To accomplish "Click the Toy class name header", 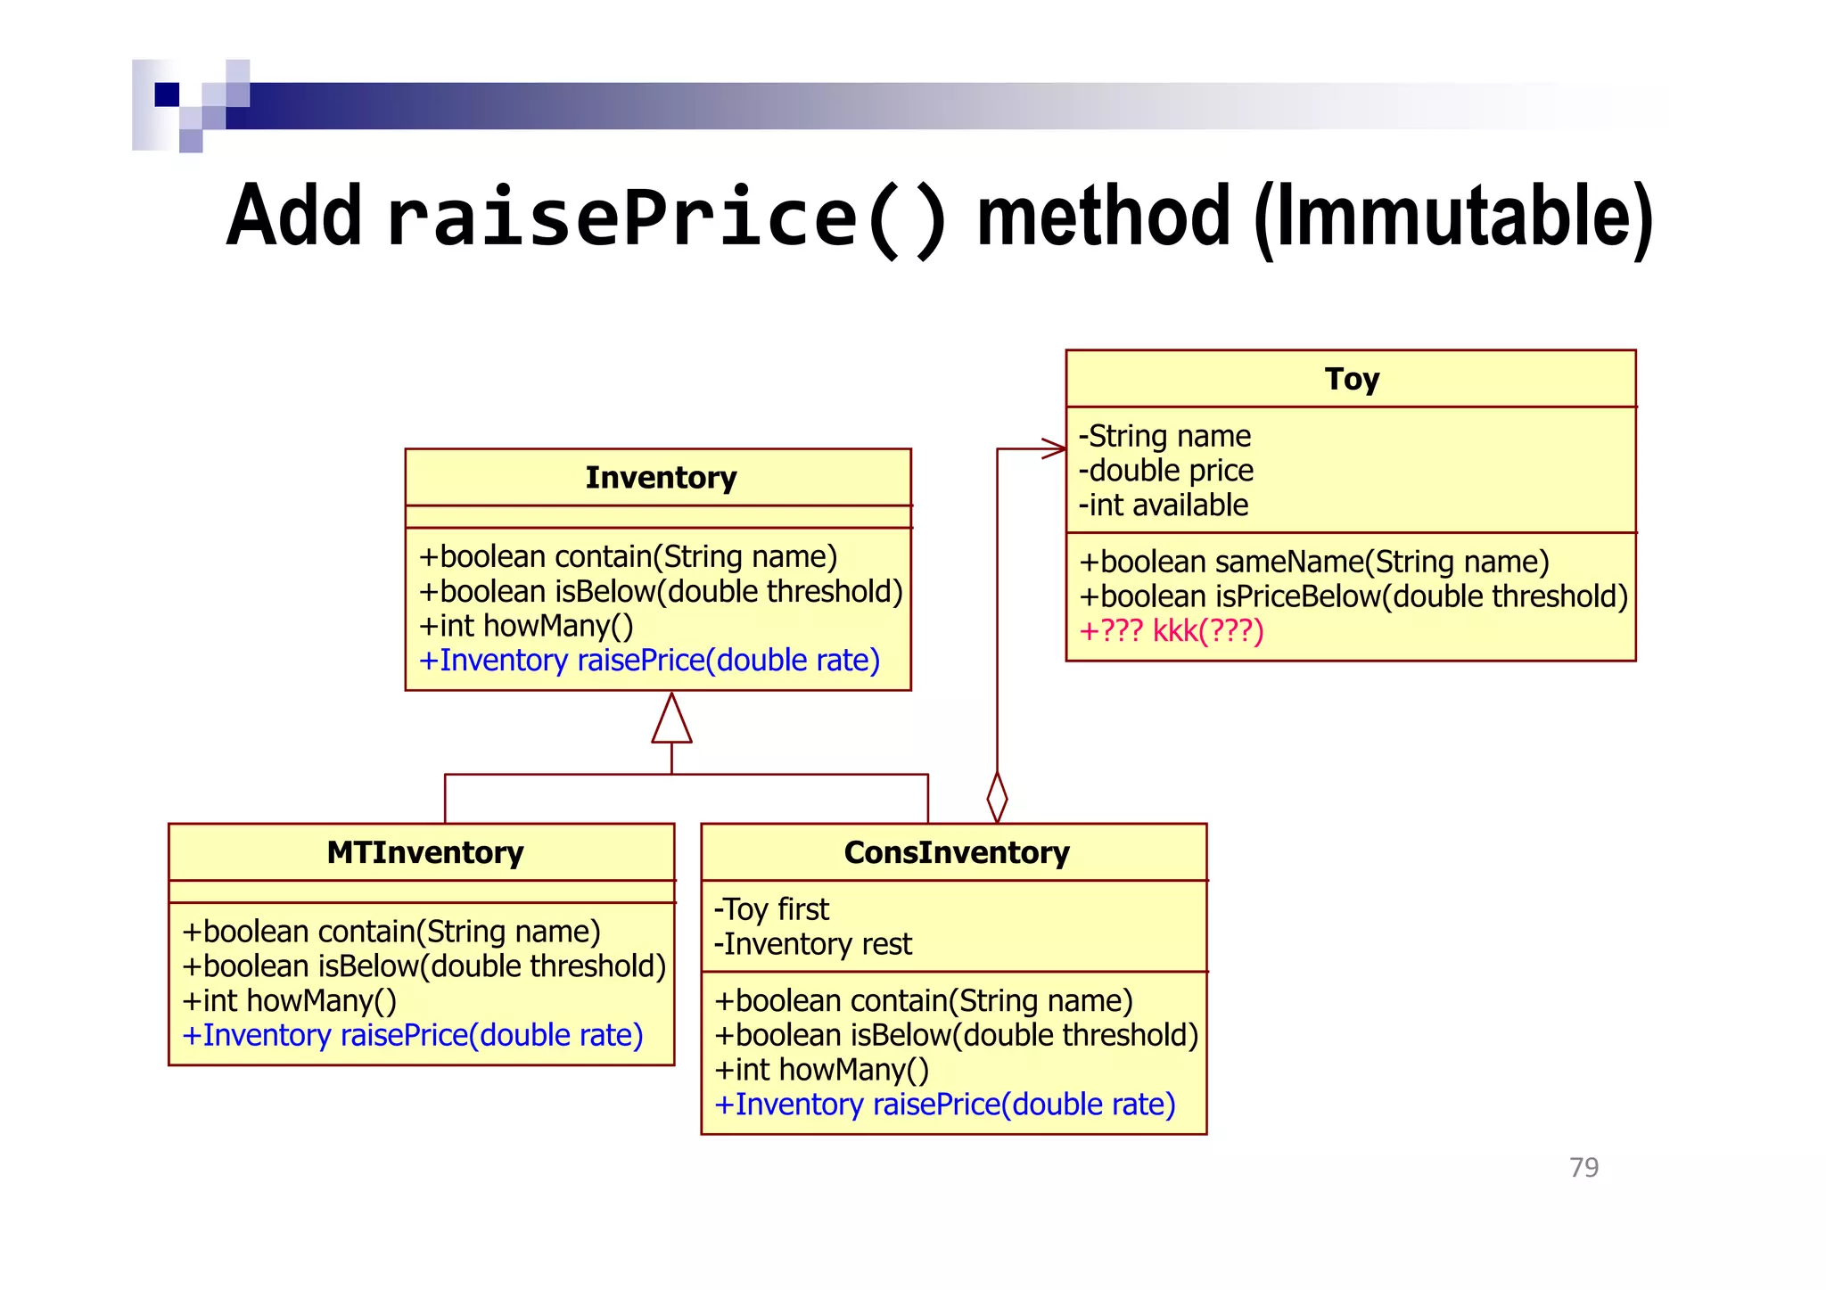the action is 1351,379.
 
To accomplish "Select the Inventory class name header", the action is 660,478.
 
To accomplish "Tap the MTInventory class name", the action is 424,853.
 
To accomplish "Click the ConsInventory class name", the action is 956,853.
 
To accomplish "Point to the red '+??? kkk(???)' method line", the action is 1171,631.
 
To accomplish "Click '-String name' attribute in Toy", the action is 1164,436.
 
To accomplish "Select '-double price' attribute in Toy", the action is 1165,471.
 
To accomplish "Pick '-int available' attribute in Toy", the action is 1163,505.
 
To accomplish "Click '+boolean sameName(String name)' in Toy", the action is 1313,562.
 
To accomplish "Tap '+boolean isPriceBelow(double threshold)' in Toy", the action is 1353,596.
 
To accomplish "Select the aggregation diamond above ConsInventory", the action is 997,796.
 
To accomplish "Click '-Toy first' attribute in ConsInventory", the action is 771,909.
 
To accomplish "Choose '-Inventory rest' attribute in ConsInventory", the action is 812,944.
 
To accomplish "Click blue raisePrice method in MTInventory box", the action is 412,1036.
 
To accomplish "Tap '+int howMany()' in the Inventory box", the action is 526,626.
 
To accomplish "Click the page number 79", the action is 1583,1167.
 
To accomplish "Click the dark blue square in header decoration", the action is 167,94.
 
